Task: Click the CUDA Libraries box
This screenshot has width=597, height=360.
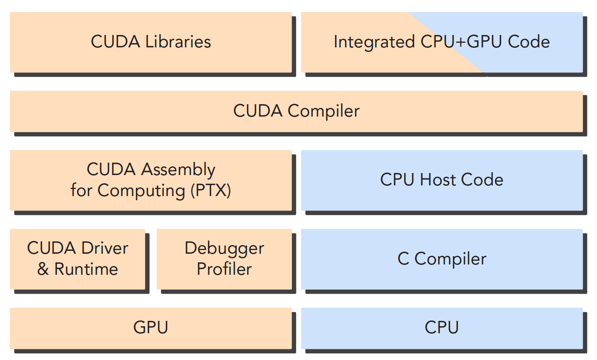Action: tap(151, 42)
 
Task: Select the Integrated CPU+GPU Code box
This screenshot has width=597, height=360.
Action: tap(442, 42)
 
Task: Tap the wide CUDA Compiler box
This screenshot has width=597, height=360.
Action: tap(296, 111)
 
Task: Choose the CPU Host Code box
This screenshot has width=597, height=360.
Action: tap(442, 180)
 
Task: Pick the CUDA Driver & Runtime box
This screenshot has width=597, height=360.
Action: tap(77, 259)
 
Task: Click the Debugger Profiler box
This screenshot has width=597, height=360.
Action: tap(224, 259)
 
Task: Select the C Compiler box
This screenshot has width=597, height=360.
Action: tap(442, 259)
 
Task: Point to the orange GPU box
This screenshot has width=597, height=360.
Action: tap(151, 328)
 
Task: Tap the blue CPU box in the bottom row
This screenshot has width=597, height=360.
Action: tap(442, 328)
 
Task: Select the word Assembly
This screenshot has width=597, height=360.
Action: tap(178, 170)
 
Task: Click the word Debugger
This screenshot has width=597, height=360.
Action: tap(224, 248)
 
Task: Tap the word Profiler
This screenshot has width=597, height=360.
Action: tap(224, 269)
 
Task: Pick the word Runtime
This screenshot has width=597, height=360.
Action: tap(86, 269)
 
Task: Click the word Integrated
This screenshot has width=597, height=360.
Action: tap(374, 42)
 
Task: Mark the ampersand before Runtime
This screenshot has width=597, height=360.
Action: tap(43, 269)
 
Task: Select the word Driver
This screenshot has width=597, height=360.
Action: tap(105, 248)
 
